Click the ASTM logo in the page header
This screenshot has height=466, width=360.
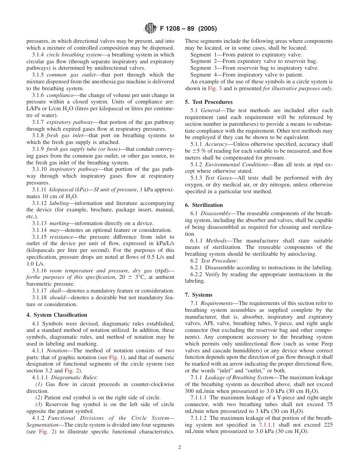[150, 28]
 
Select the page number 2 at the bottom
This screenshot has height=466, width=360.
[180, 447]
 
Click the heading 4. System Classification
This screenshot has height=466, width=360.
[57, 315]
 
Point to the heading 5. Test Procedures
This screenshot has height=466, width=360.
[209, 102]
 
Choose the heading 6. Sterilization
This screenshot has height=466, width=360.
[205, 205]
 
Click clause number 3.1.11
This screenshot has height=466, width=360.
[39, 189]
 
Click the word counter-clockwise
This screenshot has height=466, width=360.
[146, 384]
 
